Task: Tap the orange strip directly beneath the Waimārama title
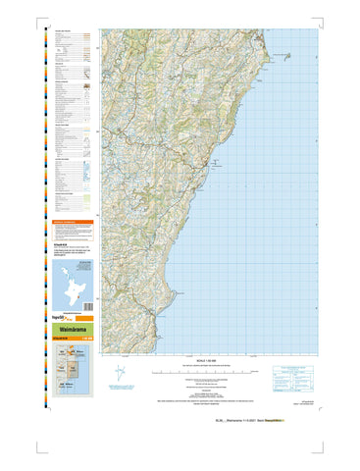72,339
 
